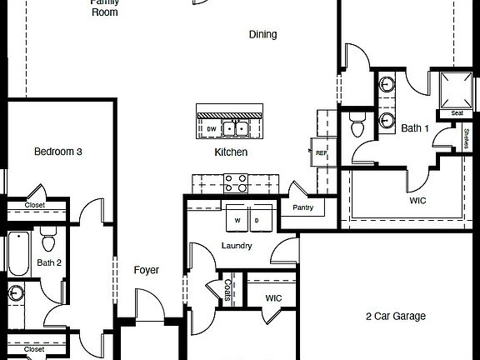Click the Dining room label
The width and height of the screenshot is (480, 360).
tap(262, 34)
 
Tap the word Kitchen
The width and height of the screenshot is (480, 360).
tap(231, 152)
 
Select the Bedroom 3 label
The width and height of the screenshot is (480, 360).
tap(57, 152)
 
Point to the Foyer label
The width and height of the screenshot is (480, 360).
tap(147, 270)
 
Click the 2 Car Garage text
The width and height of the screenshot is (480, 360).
tap(395, 317)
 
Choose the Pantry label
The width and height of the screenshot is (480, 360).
tap(303, 207)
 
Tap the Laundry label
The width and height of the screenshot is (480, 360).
tap(237, 246)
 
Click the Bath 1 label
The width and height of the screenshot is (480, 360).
tap(414, 128)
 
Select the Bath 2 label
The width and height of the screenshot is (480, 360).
tap(49, 263)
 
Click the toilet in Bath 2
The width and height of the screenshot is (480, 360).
tap(47, 242)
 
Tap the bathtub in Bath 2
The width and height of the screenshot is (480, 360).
tap(18, 253)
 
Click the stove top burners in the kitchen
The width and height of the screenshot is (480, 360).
tap(235, 182)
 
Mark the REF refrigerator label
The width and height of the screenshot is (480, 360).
tap(320, 152)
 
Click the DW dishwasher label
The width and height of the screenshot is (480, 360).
tap(211, 129)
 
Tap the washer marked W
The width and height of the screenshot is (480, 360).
tap(237, 220)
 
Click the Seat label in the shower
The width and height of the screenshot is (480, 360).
tap(457, 113)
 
